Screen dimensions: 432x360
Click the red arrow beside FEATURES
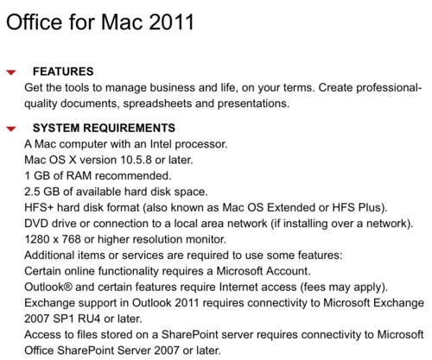(11, 73)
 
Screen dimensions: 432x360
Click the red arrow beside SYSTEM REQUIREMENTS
(11, 129)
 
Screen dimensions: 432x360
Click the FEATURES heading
(63, 72)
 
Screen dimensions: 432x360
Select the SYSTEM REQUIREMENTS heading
(104, 128)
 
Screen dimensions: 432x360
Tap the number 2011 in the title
(172, 22)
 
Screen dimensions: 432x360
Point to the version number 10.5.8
(136, 160)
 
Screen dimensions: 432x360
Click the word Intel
(161, 144)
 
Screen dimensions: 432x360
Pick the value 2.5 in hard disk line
(32, 192)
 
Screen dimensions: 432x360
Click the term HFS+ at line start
(39, 207)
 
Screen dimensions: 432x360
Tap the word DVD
(36, 224)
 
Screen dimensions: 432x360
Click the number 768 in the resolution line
(71, 239)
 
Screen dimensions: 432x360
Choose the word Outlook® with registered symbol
(48, 287)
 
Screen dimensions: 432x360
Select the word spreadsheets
(157, 104)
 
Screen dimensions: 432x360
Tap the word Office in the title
(35, 22)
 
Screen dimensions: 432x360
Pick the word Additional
(49, 255)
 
